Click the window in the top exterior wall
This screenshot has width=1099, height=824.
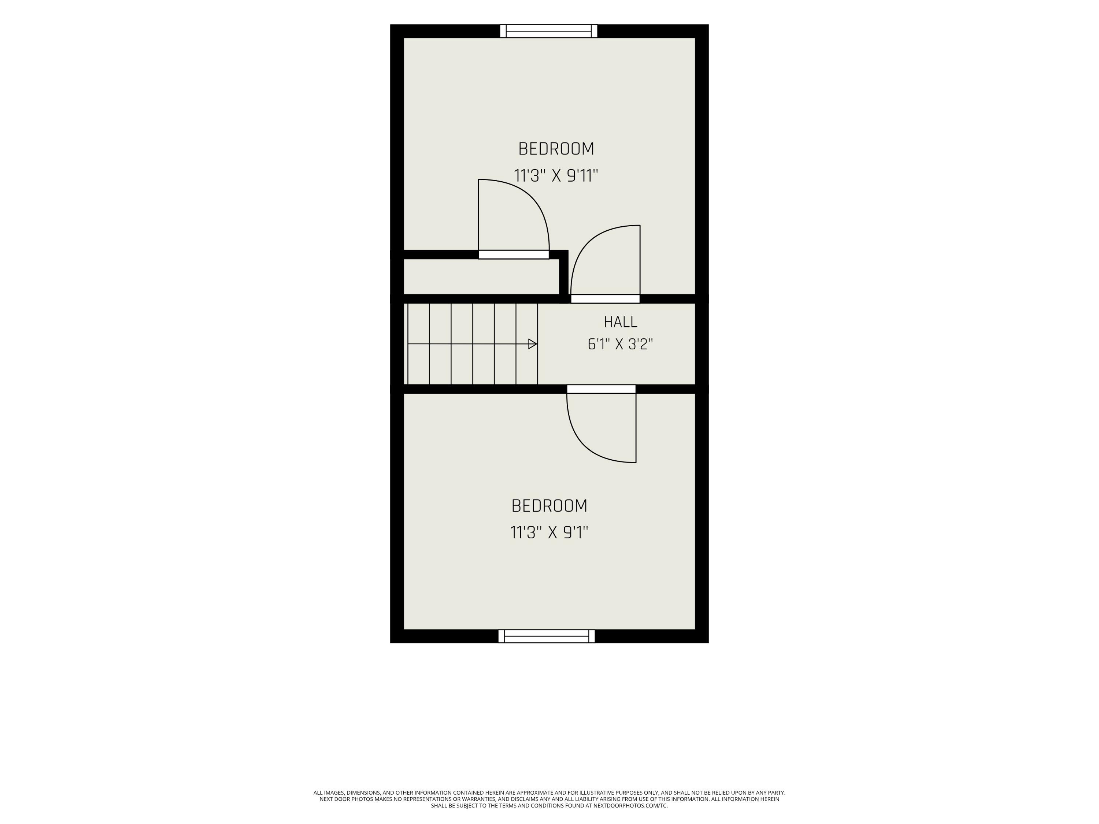point(548,31)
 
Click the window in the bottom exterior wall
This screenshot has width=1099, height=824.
point(547,636)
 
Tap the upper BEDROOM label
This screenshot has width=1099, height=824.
point(556,149)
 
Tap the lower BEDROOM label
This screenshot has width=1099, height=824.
point(549,506)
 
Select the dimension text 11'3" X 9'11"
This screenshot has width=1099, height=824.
point(556,176)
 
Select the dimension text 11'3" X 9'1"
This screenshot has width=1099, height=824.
point(549,533)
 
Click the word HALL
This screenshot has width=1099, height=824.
point(621,322)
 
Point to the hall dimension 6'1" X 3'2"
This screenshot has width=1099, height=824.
point(620,344)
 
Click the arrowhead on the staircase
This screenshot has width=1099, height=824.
point(533,344)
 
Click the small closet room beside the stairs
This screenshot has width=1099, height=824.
point(481,276)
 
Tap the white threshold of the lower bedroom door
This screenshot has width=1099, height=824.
point(601,389)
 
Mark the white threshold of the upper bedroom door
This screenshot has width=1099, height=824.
point(605,299)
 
